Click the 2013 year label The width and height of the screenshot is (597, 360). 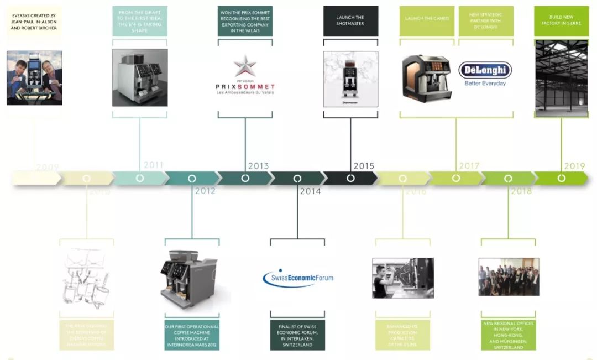(x=258, y=165)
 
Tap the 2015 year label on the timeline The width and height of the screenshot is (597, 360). (x=364, y=165)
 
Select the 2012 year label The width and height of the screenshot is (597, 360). (x=205, y=191)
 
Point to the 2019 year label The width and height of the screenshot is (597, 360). (x=574, y=165)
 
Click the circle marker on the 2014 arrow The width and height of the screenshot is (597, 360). (x=297, y=179)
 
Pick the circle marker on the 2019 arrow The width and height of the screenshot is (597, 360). (x=562, y=178)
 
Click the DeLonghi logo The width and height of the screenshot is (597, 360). (x=485, y=70)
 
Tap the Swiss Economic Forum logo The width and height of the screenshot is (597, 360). (x=298, y=278)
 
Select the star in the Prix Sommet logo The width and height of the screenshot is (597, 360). (x=245, y=66)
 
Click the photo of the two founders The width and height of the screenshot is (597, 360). (x=34, y=78)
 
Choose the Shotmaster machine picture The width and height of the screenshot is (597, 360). (x=350, y=79)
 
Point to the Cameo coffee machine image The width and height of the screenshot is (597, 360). (x=426, y=77)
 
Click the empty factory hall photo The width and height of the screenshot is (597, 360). (x=561, y=78)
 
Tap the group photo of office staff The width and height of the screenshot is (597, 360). (x=509, y=276)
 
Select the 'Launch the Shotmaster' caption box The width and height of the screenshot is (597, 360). (x=350, y=21)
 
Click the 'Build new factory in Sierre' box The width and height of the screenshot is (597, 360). (x=561, y=21)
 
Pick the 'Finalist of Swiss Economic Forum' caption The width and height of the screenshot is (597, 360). (x=297, y=335)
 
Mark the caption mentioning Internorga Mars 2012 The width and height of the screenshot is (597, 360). (x=192, y=335)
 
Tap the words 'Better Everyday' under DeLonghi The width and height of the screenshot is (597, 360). (x=485, y=84)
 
